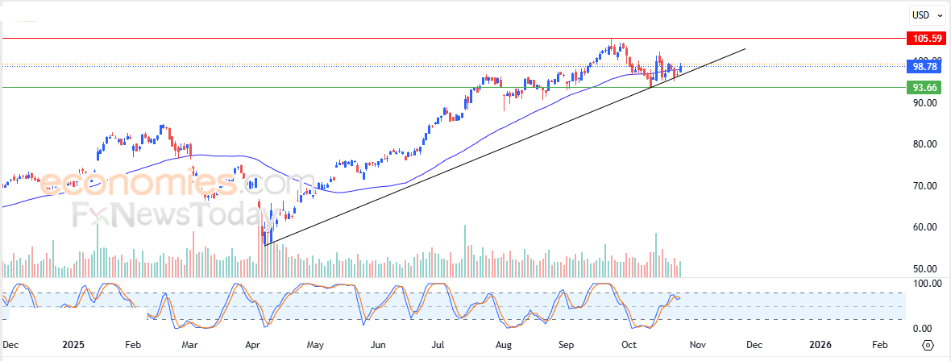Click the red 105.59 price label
coord(921,38)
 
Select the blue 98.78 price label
coord(921,67)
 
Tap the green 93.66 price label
coord(921,88)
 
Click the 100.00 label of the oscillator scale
coord(920,284)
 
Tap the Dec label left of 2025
coord(10,344)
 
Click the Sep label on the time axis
coord(567,344)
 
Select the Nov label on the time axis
coord(697,344)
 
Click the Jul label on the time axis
coord(439,344)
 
